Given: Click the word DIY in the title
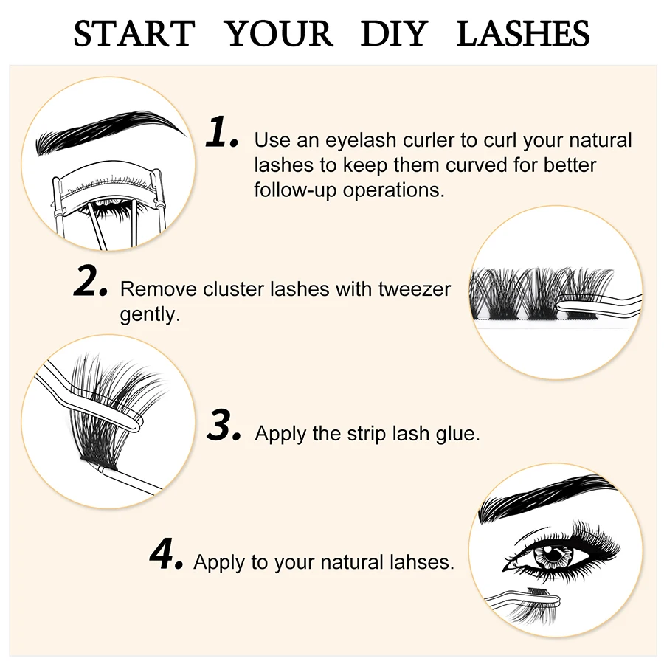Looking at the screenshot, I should click(394, 34).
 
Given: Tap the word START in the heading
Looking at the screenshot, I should click(134, 34).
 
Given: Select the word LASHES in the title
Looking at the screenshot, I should click(523, 34).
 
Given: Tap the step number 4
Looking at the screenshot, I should click(166, 554).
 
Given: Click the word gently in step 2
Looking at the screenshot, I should click(150, 314).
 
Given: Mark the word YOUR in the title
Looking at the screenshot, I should click(278, 34).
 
